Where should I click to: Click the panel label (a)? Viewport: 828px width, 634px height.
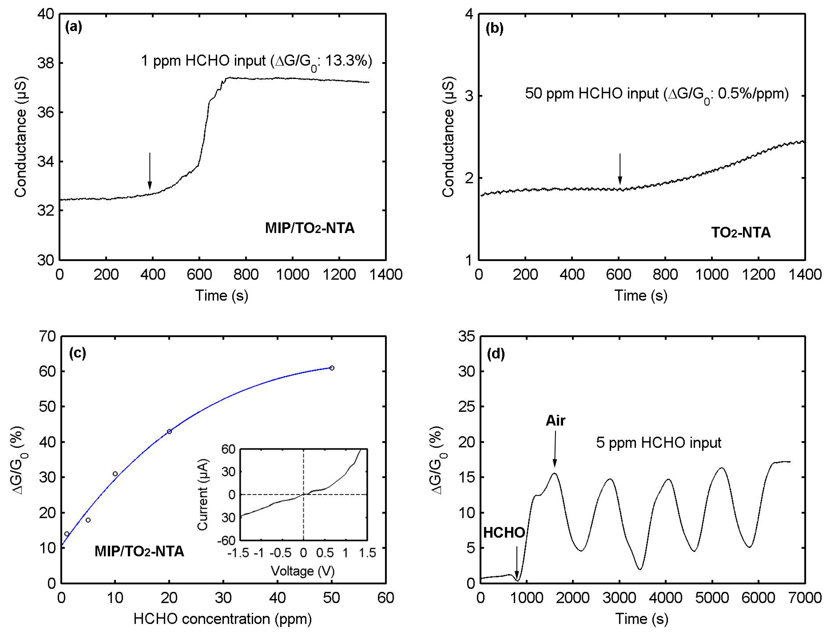pos(73,27)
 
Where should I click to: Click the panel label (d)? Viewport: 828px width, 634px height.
pos(495,354)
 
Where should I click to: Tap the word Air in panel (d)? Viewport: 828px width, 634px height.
pos(555,420)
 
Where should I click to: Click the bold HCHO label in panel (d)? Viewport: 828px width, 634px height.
pos(504,533)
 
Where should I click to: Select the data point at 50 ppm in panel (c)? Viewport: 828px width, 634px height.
pos(332,368)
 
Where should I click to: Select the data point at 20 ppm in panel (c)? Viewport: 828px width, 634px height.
pos(169,431)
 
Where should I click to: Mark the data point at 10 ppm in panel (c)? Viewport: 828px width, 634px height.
pos(115,474)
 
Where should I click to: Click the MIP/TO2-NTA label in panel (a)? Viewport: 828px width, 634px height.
pos(309,228)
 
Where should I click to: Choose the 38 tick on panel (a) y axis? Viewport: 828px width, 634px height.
pos(45,63)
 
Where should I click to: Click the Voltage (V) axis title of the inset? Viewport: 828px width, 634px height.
pos(303,571)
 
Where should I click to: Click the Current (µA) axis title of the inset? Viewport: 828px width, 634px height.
pos(203,494)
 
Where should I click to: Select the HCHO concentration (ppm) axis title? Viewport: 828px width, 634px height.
pos(223,619)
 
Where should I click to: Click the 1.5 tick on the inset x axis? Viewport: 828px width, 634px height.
pos(367,553)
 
